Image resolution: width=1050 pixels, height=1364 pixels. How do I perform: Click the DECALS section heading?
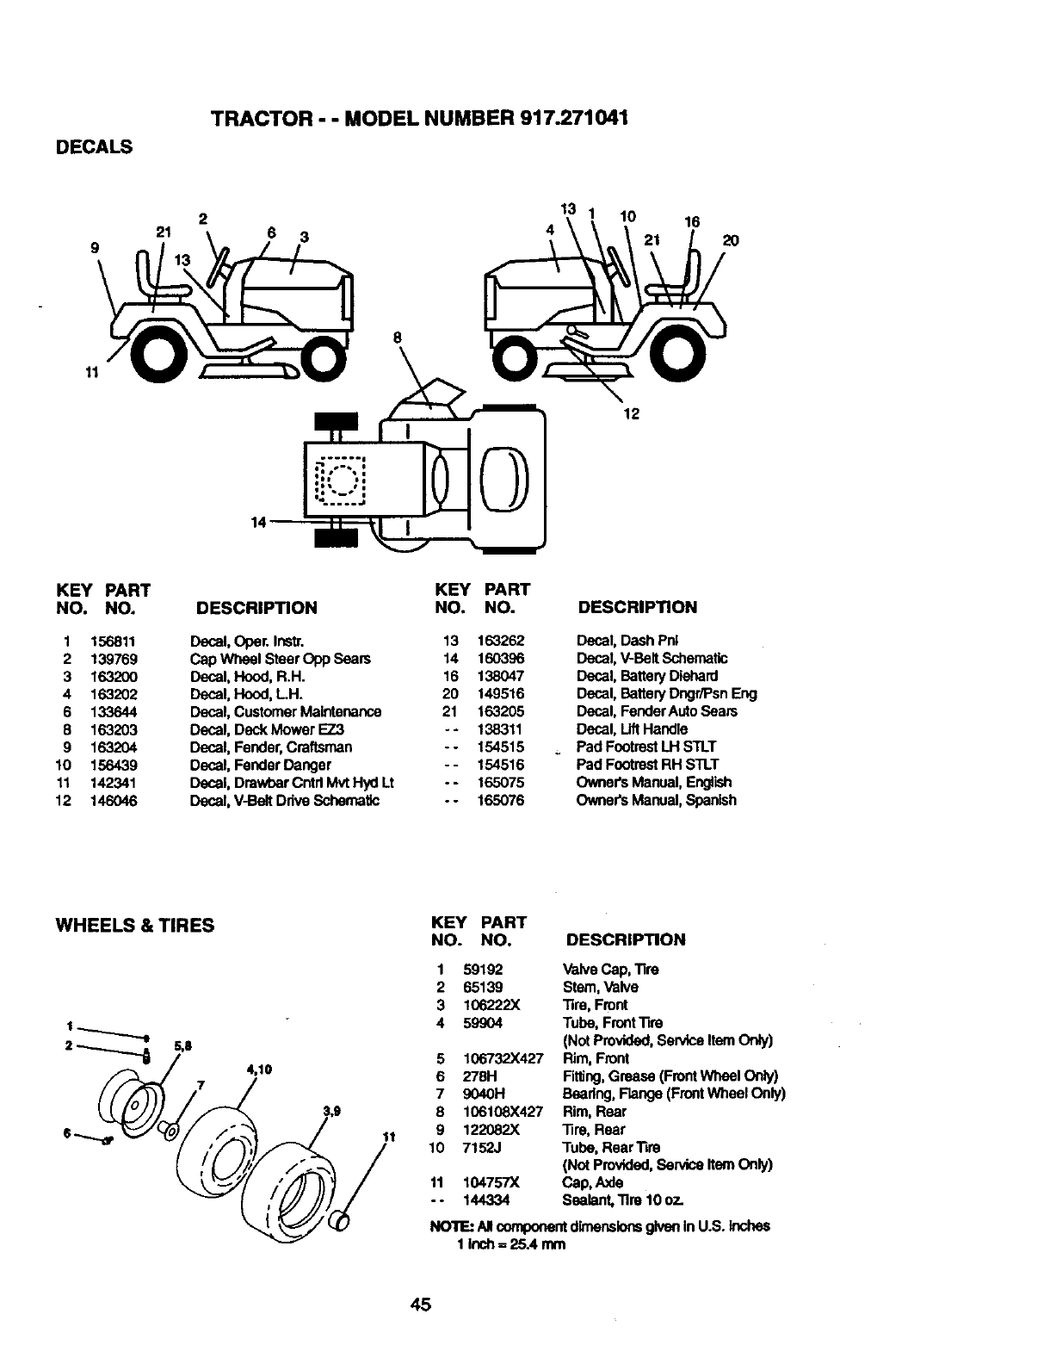click(94, 147)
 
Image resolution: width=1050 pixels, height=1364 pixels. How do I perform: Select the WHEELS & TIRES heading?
click(135, 925)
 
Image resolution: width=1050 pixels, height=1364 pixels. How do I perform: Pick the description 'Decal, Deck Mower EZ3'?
click(267, 729)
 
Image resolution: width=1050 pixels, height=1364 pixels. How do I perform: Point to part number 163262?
click(500, 641)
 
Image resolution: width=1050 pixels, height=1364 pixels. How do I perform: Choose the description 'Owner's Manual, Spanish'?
click(656, 800)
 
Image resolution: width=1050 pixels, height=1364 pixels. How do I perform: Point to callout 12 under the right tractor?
click(631, 414)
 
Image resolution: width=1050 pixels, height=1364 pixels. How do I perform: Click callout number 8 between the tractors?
click(398, 338)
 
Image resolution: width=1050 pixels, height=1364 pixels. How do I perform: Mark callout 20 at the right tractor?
click(731, 240)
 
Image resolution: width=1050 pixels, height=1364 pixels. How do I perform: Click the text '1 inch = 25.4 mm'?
click(511, 1244)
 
